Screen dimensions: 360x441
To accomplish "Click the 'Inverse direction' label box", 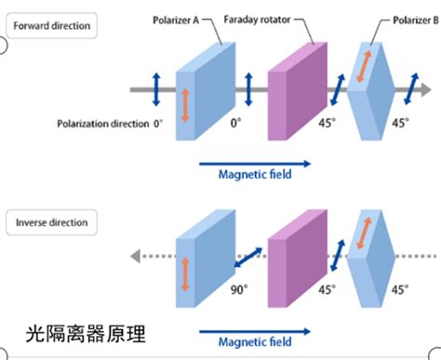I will [51, 223].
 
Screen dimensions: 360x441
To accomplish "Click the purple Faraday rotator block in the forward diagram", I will [296, 88].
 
